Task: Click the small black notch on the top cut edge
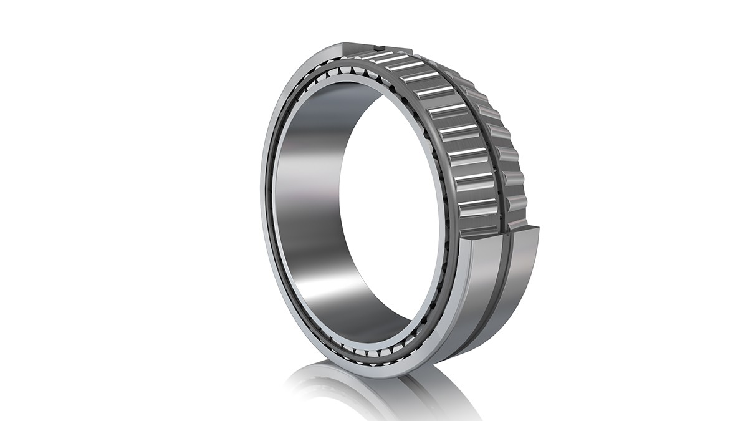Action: (x=378, y=46)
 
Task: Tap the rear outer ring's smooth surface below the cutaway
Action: (x=524, y=274)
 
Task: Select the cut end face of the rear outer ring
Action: (x=524, y=230)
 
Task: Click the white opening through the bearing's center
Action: (x=386, y=200)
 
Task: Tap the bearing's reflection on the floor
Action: (x=374, y=393)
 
